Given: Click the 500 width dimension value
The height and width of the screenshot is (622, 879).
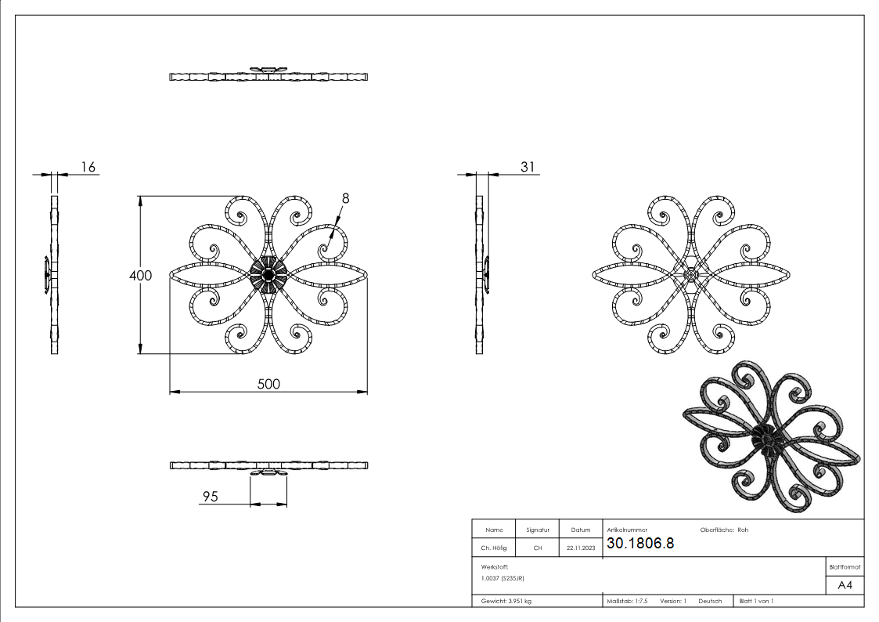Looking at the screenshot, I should tap(268, 383).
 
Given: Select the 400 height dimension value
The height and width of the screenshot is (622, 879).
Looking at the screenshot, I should tap(141, 275).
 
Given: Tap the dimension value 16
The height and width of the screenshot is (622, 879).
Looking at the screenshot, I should tap(88, 167).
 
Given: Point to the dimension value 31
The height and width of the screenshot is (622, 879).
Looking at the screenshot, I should tap(528, 167).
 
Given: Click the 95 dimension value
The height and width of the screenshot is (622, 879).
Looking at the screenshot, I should tap(210, 496).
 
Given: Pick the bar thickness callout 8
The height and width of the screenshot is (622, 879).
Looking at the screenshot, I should tap(345, 198).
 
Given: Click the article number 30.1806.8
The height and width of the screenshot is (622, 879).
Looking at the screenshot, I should tap(639, 544).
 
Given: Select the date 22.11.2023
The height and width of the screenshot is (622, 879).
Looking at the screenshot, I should tap(581, 548).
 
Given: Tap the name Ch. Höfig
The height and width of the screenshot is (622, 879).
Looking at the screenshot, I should tap(494, 548).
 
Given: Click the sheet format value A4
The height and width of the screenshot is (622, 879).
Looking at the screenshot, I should tap(845, 585).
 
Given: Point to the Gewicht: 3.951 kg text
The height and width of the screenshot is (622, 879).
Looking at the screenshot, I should tap(506, 601).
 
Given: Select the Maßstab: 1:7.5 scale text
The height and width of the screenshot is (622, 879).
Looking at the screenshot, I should tap(627, 601).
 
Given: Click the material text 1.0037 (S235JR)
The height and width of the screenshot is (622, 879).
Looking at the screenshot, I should tap(503, 577).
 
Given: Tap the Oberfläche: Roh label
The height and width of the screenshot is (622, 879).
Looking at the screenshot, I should tap(718, 530).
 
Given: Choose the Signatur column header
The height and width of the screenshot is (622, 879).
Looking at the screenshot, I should tap(538, 530).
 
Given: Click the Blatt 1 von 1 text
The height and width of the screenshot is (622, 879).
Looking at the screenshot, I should tap(756, 601).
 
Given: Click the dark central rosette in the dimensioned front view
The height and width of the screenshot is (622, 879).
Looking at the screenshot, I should tap(268, 275).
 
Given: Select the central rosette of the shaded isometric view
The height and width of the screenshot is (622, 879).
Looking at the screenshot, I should tap(766, 443).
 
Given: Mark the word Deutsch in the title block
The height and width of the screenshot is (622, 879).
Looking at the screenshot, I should tap(710, 601).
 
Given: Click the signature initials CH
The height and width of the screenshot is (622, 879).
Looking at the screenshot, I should tap(538, 548).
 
